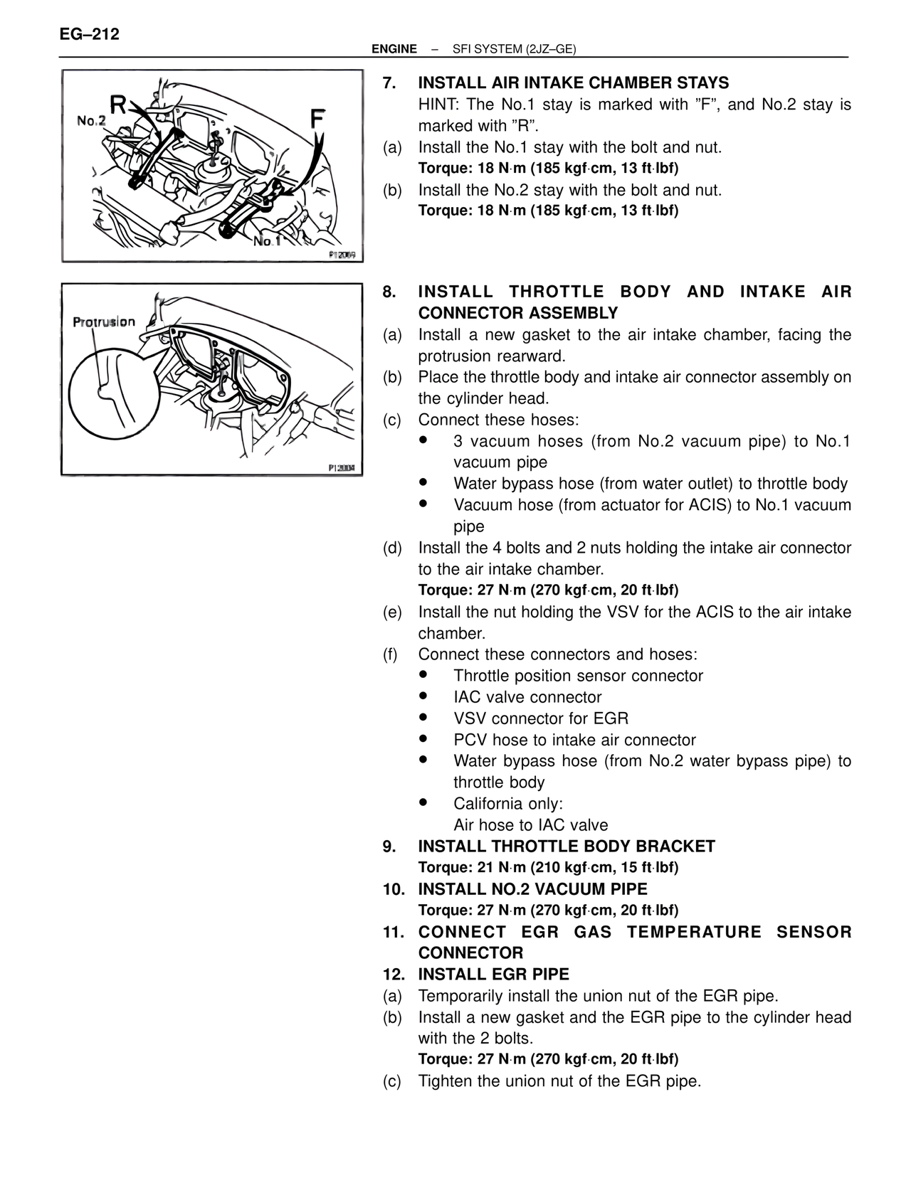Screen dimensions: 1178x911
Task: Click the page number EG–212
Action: tap(90, 34)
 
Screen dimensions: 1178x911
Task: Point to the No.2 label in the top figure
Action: tap(91, 121)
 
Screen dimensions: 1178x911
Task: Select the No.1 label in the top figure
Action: tap(268, 242)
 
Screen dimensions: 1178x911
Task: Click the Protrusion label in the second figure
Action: tap(104, 322)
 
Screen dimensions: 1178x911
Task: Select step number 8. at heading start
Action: tap(389, 292)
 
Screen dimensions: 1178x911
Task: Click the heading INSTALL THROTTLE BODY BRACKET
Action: tap(566, 847)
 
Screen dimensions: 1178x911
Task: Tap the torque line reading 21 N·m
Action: tap(548, 868)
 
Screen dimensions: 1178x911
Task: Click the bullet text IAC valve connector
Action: tap(527, 697)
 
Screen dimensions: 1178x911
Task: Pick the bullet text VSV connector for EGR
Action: tap(541, 718)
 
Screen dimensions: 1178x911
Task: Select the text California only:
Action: tap(508, 804)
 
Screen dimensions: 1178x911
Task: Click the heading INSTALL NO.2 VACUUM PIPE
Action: tap(532, 889)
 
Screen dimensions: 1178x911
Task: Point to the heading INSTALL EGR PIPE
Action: tap(493, 975)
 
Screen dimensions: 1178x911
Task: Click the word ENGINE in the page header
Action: tap(394, 49)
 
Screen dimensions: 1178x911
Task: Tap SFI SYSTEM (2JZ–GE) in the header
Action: tap(514, 49)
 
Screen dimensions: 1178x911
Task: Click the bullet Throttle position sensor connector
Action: tap(578, 676)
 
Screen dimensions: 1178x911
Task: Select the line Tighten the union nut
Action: tap(559, 1081)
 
